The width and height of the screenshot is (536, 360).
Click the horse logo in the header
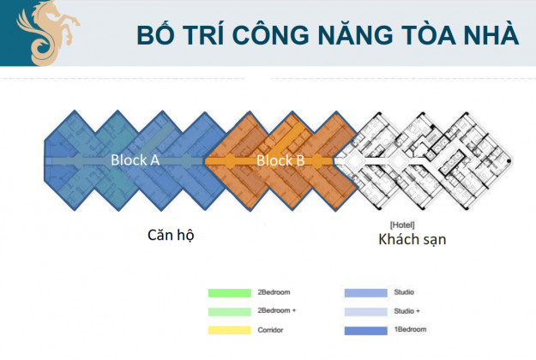(x=48, y=33)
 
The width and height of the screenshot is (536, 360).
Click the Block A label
(x=135, y=160)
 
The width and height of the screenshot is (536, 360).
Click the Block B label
(x=280, y=160)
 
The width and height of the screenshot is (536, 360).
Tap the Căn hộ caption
(x=171, y=235)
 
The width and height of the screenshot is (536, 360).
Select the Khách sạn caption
(x=413, y=239)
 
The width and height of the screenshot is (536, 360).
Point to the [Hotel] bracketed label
(x=402, y=225)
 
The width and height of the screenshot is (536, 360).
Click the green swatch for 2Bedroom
(x=229, y=292)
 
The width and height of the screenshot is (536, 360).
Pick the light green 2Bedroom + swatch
(x=229, y=311)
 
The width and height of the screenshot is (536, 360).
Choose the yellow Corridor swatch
(x=229, y=330)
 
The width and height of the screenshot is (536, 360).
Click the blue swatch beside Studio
(x=365, y=292)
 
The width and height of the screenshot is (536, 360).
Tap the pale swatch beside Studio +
(x=365, y=311)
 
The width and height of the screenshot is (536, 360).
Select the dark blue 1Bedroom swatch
(x=365, y=330)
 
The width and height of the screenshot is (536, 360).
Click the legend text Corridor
(x=270, y=330)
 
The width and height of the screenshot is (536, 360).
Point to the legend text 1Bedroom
(x=410, y=330)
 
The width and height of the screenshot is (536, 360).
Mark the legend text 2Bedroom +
(x=277, y=310)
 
